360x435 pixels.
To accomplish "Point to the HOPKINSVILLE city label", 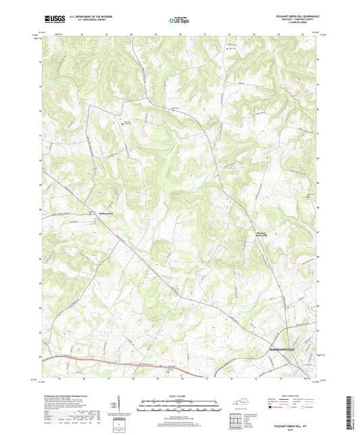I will click(x=287, y=353).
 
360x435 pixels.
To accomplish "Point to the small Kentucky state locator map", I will click(x=240, y=403).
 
